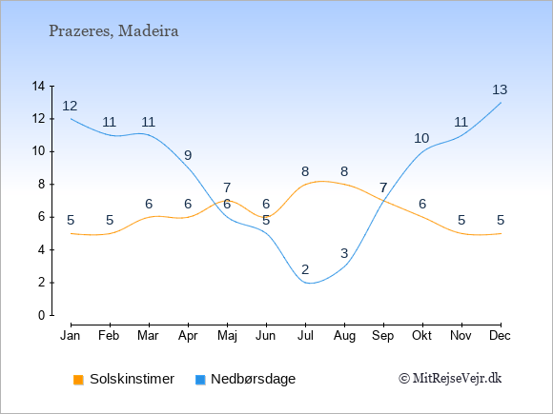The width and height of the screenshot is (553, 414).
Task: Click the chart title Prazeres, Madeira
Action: (113, 31)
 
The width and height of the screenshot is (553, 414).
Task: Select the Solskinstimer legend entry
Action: (124, 379)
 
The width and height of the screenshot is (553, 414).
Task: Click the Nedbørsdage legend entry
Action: (245, 379)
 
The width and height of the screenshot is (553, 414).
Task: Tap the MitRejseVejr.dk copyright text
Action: (450, 379)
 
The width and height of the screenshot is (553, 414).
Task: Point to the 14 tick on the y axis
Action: (38, 86)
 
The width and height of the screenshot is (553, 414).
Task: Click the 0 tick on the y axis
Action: (42, 315)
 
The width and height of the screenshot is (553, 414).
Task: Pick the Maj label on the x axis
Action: (227, 336)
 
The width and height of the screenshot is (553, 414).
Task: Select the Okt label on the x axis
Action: (422, 336)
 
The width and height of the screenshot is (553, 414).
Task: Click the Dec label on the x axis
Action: (501, 336)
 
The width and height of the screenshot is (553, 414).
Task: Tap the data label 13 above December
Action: (500, 89)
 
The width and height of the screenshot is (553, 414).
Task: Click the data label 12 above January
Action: (70, 106)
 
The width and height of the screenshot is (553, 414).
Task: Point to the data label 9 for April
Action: (188, 155)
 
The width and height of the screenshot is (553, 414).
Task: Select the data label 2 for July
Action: (305, 269)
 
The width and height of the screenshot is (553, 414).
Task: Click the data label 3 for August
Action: (344, 253)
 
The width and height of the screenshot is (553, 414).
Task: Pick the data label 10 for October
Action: (421, 138)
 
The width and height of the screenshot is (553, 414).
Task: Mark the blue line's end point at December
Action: (501, 103)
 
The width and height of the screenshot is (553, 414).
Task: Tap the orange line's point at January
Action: (71, 233)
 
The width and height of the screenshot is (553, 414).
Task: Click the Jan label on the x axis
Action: (70, 336)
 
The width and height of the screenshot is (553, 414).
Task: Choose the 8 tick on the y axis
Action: (42, 184)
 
